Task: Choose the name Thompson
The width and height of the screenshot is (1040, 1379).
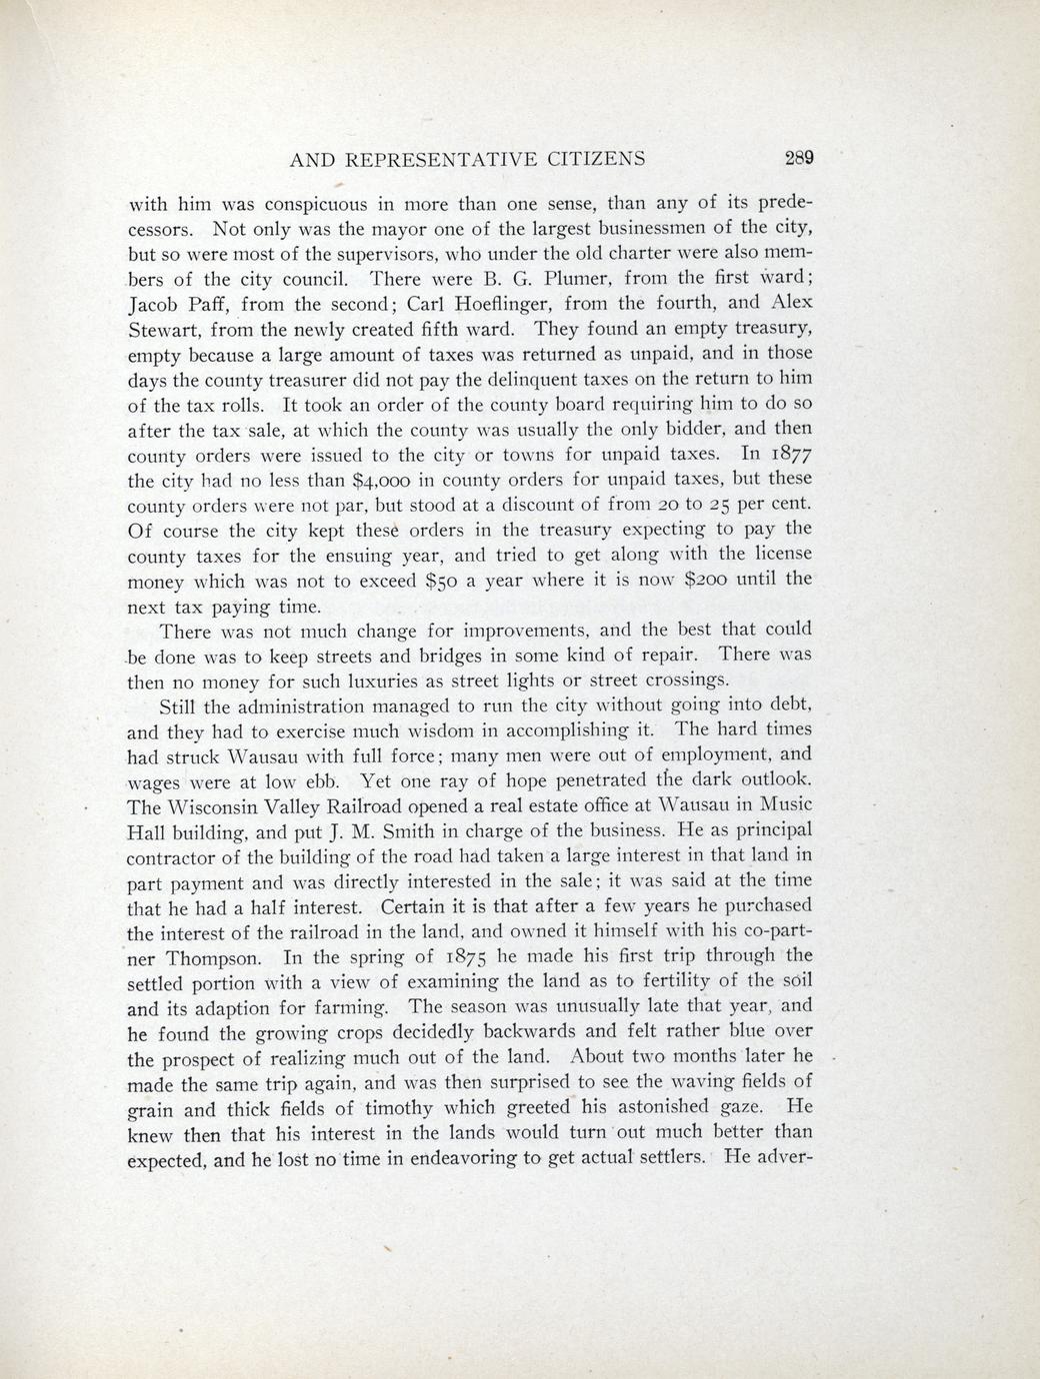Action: pos(221,957)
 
